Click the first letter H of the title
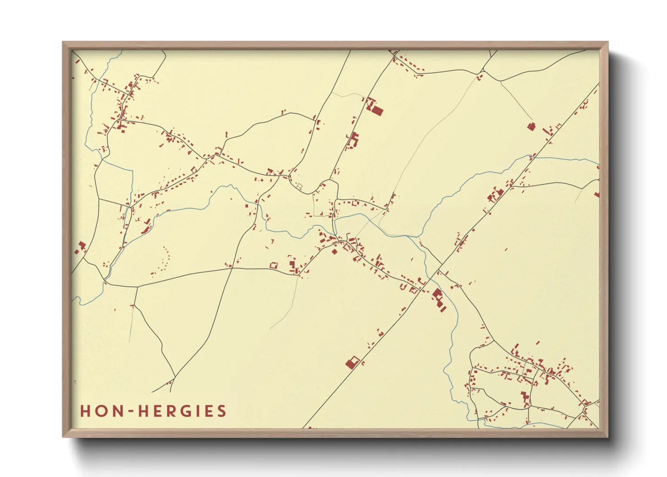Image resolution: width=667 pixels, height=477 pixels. coord(85,411)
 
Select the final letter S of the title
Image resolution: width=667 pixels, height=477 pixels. coord(221,411)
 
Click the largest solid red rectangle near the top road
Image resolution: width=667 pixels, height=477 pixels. coord(376,110)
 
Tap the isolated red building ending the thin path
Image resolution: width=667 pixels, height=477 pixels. coord(531,127)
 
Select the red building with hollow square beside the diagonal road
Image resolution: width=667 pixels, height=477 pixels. coord(353,362)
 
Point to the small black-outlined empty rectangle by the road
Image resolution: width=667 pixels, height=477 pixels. coord(298,186)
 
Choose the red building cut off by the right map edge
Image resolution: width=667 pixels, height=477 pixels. coord(597,195)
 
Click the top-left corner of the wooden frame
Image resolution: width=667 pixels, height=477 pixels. coord(63,42)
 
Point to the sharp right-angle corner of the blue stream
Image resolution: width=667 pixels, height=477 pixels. coord(132,171)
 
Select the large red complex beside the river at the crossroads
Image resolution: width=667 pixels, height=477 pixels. coord(439,298)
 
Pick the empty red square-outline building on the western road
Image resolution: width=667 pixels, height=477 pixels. coord(273,266)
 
